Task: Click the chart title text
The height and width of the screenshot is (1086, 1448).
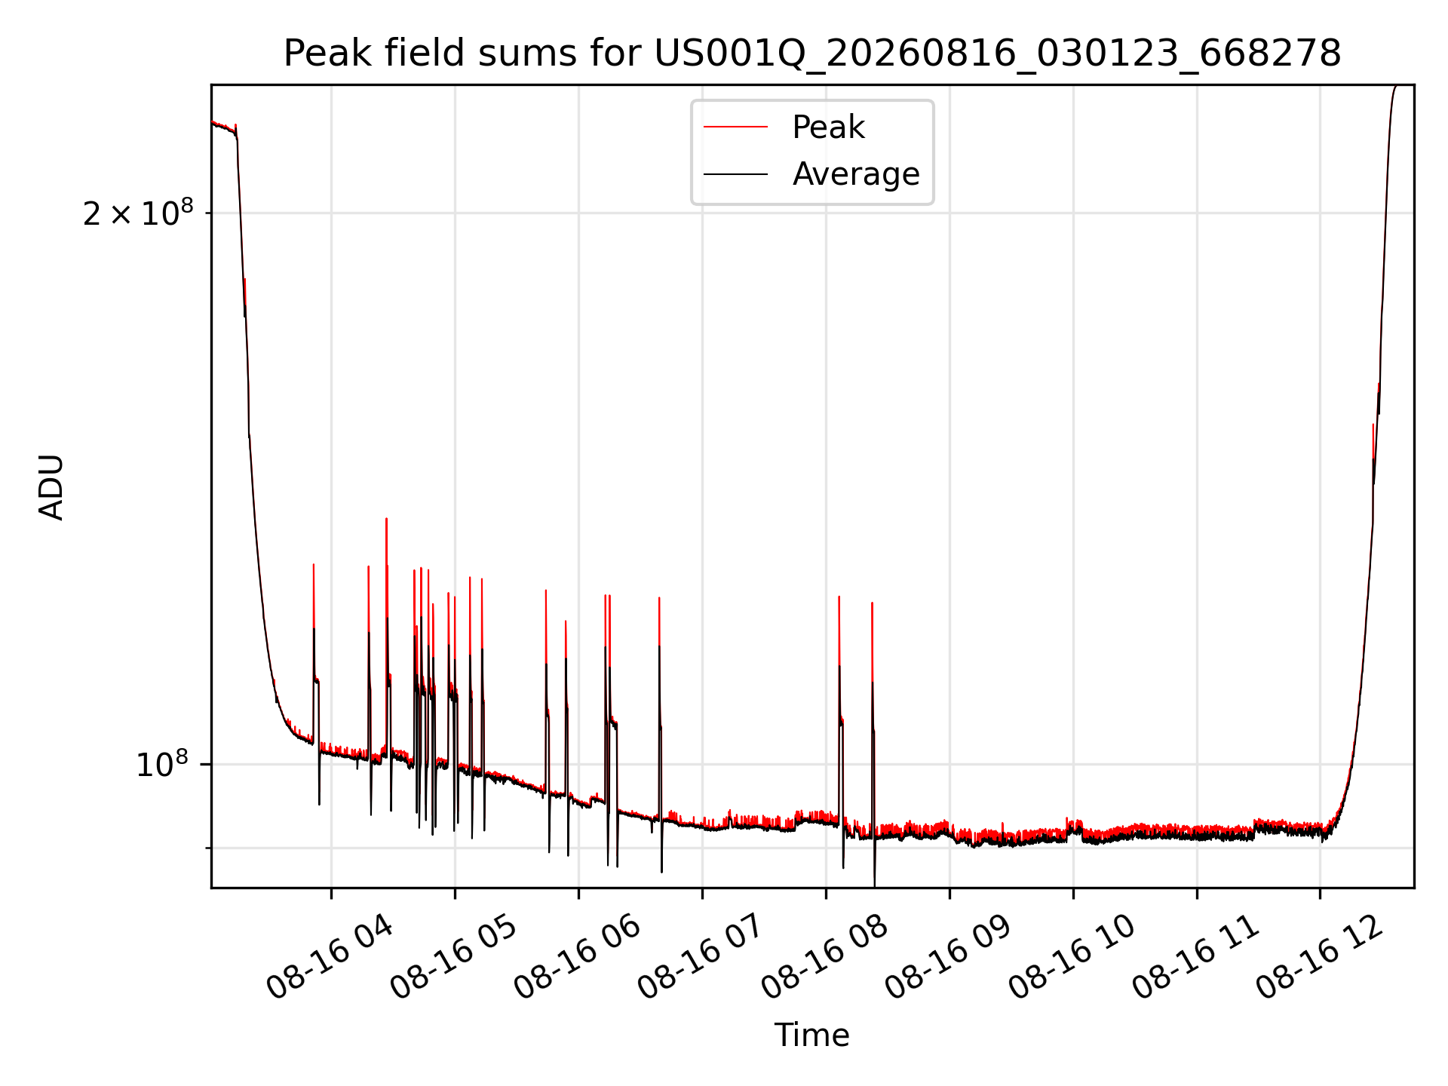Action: click(x=812, y=54)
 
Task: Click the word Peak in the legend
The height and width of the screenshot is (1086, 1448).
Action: click(x=828, y=127)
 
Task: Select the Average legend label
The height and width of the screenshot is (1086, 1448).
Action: click(x=856, y=174)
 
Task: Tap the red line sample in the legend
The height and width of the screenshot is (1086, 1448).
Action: click(x=735, y=127)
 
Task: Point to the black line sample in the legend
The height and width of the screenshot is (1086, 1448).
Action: click(x=735, y=174)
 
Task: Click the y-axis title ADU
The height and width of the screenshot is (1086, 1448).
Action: click(x=51, y=486)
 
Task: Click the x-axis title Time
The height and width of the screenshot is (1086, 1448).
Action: click(x=812, y=1035)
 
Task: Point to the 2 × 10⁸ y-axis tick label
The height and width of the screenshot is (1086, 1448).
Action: click(x=138, y=213)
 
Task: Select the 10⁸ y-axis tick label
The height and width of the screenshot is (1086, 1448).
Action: click(x=162, y=764)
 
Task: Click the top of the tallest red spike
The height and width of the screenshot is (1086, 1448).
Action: click(x=386, y=519)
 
